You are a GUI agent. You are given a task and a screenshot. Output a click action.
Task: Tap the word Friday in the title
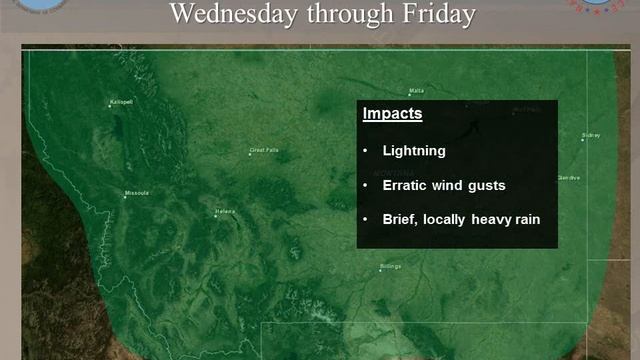(437, 14)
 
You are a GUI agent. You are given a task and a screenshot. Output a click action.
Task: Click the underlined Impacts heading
(392, 114)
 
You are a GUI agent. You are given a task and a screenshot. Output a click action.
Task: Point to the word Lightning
(414, 152)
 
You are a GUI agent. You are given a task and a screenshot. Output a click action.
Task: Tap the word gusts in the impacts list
(487, 185)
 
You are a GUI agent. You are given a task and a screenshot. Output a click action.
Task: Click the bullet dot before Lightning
(366, 152)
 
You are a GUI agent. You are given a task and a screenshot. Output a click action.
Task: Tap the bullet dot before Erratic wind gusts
(366, 185)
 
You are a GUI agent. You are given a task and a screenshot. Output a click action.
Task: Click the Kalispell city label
(121, 101)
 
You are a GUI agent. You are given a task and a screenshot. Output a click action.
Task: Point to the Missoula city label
(136, 192)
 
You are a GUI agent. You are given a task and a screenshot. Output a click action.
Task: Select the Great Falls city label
(264, 151)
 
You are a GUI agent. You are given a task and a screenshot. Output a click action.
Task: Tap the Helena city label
(224, 211)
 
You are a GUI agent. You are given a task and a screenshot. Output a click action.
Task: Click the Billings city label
(390, 266)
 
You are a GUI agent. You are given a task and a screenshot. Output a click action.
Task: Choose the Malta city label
(500, 91)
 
